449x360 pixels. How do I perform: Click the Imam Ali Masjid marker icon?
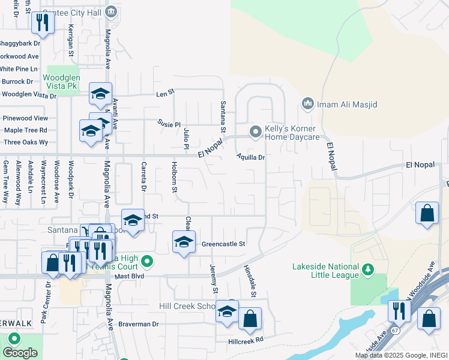click(x=308, y=104)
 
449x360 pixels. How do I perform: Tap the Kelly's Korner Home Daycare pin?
click(x=256, y=131)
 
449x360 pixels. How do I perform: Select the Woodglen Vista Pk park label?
click(x=61, y=82)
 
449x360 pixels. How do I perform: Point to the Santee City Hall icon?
click(x=110, y=12)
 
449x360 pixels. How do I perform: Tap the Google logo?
click(x=20, y=352)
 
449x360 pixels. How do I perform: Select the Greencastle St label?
click(x=224, y=244)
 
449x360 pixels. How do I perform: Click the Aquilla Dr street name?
click(x=251, y=157)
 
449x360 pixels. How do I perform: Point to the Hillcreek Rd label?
click(x=246, y=340)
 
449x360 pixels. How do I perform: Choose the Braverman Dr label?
click(x=138, y=324)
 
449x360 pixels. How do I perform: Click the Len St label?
click(x=164, y=92)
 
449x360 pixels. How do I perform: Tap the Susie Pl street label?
click(x=169, y=124)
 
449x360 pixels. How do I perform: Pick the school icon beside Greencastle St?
click(x=184, y=242)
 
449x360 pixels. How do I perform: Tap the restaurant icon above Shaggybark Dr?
click(x=43, y=23)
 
